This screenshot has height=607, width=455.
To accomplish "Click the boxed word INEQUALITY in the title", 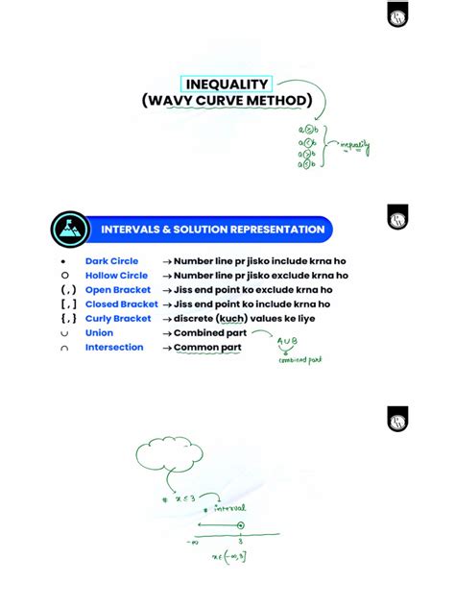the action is (x=227, y=85).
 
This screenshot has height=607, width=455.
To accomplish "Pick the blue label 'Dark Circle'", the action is (x=111, y=261).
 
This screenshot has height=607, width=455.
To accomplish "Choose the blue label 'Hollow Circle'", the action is (x=116, y=276).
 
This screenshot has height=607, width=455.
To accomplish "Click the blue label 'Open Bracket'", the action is (x=118, y=290).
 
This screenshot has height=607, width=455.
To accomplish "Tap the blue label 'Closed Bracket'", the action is (x=121, y=304).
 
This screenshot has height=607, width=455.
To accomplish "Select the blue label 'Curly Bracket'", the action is (x=118, y=319).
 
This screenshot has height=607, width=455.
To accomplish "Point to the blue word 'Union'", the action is (x=99, y=333).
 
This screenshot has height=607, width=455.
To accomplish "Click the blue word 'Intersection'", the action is (x=114, y=348).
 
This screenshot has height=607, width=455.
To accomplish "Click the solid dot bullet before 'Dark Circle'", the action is (x=62, y=261).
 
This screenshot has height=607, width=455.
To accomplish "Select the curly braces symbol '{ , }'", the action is (x=67, y=319).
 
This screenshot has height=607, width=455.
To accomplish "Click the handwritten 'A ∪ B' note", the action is (x=288, y=342).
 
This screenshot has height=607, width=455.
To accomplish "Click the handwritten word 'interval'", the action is (x=229, y=507).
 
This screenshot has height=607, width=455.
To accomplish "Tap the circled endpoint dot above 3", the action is (x=240, y=524).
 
